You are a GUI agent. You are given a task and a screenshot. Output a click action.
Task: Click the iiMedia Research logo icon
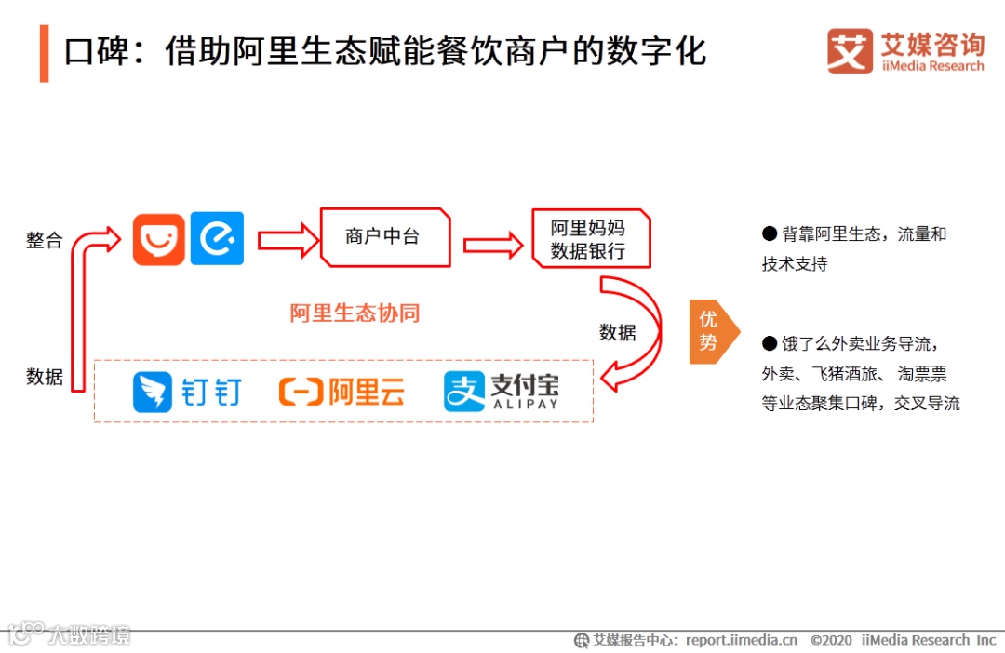point(850,52)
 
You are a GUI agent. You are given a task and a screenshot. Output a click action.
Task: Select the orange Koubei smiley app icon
point(158,239)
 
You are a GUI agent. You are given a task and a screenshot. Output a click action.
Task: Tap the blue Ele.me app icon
point(217,239)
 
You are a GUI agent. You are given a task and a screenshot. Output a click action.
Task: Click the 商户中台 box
point(384,236)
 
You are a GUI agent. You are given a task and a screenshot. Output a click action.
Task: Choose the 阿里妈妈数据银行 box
point(589,239)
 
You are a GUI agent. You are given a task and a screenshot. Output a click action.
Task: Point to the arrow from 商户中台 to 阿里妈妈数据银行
point(492,245)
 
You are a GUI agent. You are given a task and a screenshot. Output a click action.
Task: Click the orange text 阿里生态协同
point(355,313)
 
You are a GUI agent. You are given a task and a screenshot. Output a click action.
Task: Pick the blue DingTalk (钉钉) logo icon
point(152,392)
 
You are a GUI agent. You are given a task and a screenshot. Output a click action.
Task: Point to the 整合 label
point(44,240)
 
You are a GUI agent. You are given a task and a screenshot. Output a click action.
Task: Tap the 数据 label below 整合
point(44,377)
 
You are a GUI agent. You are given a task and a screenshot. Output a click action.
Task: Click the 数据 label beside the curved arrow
point(617,332)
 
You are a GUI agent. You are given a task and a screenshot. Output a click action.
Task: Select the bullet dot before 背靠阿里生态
point(769,233)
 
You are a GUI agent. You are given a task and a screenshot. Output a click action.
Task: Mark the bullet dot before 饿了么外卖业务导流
point(769,343)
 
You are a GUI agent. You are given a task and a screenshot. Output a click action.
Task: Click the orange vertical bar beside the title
point(44,54)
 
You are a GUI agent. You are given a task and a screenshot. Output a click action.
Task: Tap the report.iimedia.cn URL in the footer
point(741,640)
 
